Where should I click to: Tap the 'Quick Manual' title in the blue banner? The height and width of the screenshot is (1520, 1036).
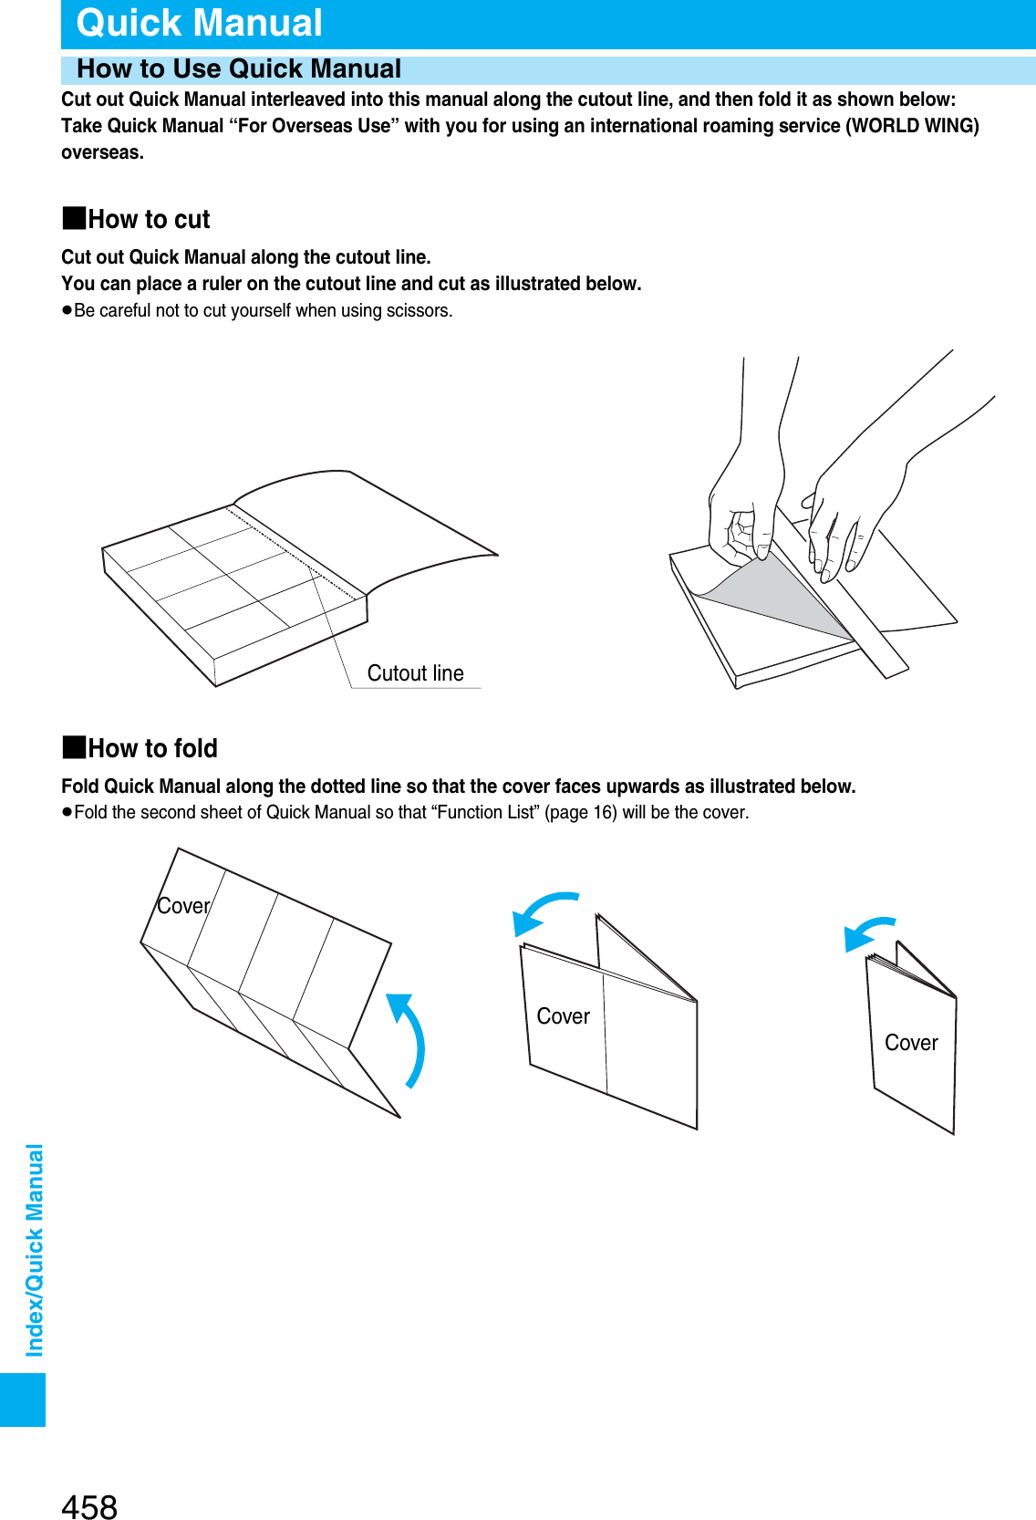click(x=199, y=23)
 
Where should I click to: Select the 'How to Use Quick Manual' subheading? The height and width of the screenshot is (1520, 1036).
click(x=239, y=69)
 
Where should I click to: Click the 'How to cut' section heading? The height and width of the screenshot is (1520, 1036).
click(x=149, y=220)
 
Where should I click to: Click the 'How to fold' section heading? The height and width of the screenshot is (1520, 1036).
click(x=152, y=749)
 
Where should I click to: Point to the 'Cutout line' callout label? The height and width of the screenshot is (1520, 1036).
click(x=415, y=673)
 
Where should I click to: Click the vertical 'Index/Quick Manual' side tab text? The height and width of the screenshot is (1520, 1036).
click(x=35, y=1250)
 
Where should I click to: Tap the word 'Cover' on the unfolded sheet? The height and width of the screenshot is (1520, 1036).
click(x=183, y=906)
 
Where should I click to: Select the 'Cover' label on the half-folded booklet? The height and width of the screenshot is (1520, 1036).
click(x=563, y=1016)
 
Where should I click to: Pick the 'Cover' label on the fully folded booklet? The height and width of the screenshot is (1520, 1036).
click(x=911, y=1043)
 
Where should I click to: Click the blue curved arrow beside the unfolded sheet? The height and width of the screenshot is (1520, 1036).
click(x=410, y=1040)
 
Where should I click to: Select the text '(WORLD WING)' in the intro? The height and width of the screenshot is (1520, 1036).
click(x=912, y=126)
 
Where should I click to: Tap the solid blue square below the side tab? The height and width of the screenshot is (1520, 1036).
click(x=23, y=1400)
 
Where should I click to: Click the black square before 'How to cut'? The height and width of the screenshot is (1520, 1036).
click(x=74, y=218)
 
